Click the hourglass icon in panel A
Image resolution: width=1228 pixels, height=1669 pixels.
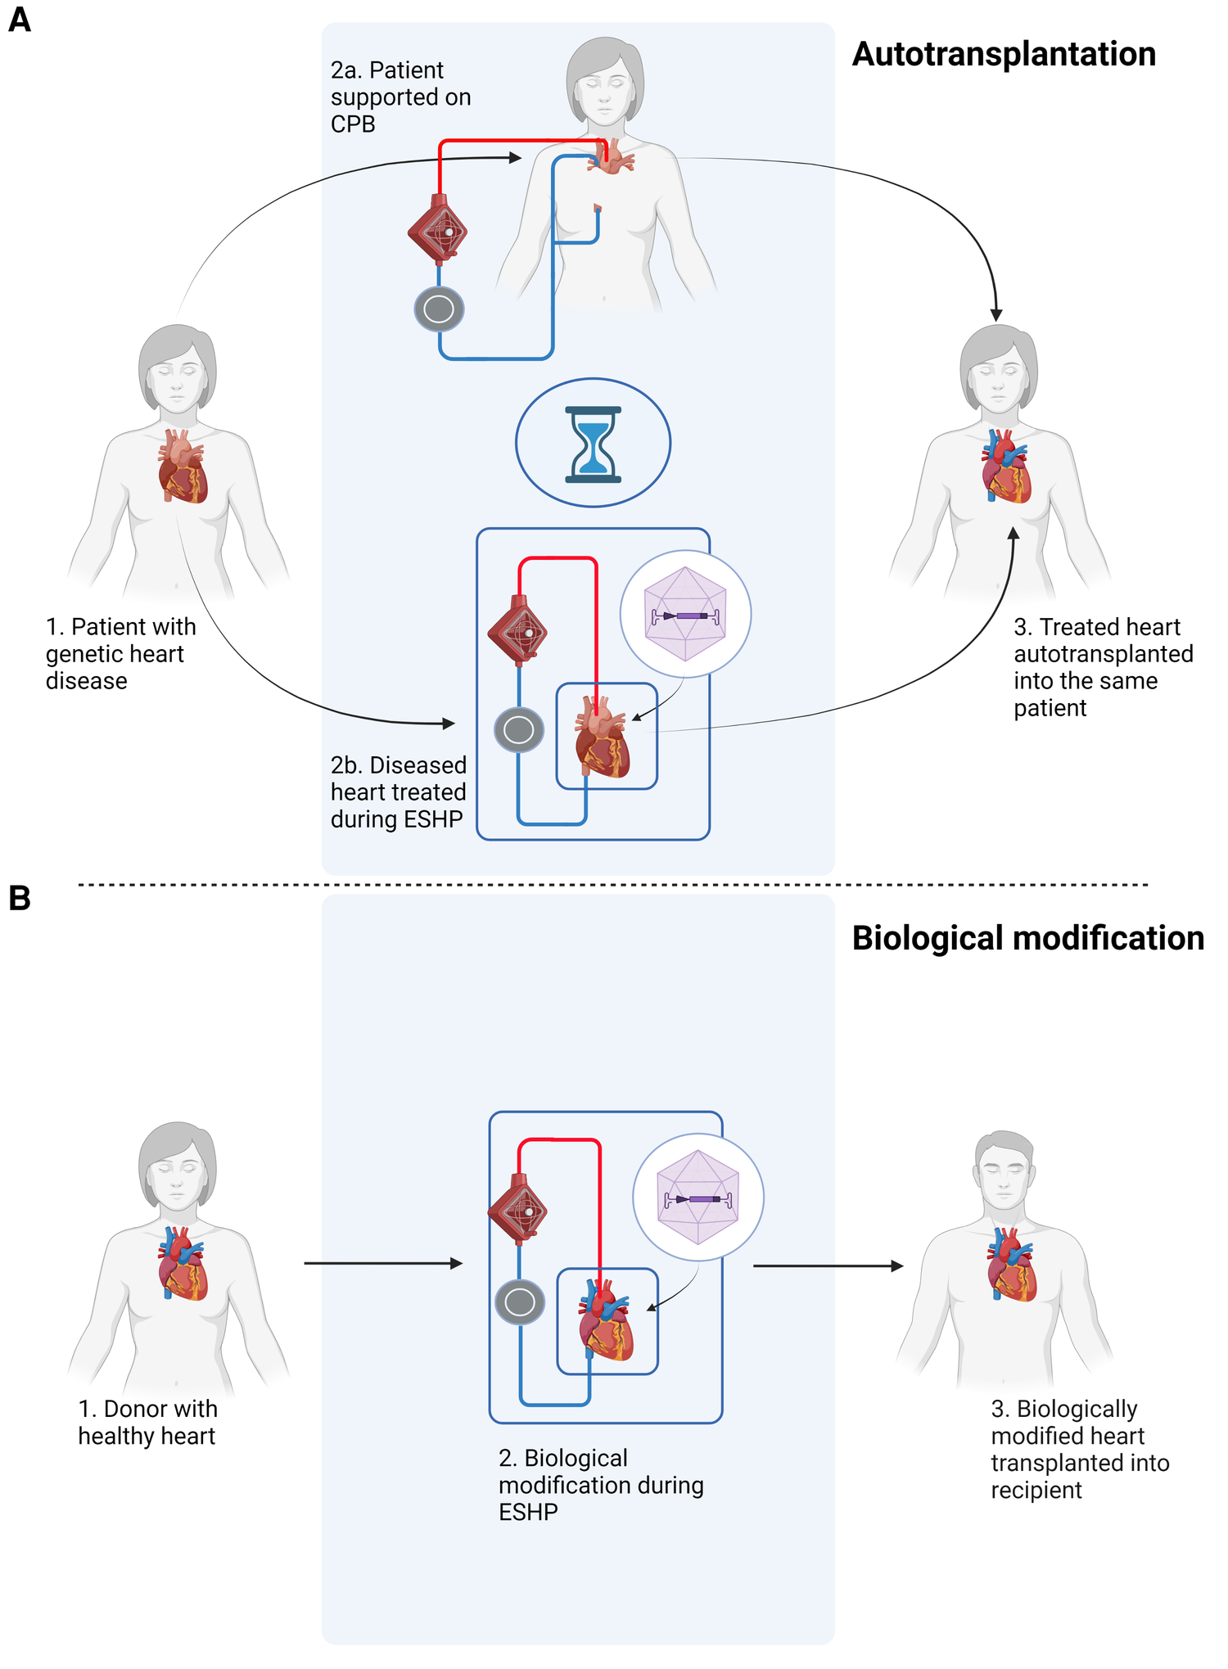coord(593,444)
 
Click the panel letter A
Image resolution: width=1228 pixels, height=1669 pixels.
coord(19,19)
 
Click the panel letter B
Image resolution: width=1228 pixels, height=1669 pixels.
coord(19,898)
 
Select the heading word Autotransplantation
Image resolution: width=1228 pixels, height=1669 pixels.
coord(1004,55)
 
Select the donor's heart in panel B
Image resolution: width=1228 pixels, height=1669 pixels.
coord(183,1265)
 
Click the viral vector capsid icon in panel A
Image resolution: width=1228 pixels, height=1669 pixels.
coord(685,615)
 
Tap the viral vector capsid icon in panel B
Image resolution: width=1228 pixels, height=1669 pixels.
coord(698,1198)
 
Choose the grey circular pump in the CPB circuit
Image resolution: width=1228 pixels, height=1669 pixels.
coord(440,309)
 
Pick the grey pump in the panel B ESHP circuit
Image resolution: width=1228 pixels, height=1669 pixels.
coord(520,1302)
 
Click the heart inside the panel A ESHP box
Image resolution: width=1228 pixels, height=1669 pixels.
coord(603,737)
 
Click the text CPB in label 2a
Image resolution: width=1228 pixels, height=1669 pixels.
coord(353,124)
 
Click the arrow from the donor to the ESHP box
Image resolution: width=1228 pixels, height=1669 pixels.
coord(382,1263)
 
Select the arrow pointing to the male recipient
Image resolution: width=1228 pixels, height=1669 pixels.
coord(827,1265)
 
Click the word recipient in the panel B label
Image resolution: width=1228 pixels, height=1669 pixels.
coord(1036,1490)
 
